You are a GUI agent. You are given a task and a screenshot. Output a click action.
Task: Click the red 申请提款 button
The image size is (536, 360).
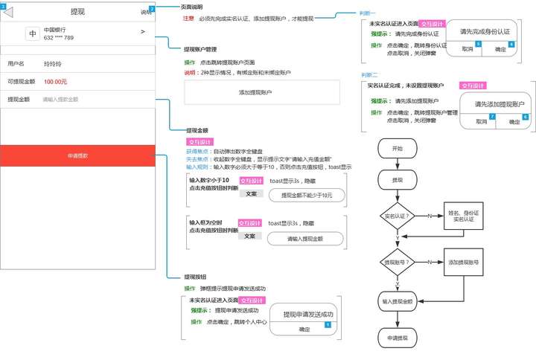pyautogui.click(x=78, y=155)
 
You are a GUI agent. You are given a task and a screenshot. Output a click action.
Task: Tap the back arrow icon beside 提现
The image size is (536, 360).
pyautogui.click(x=9, y=12)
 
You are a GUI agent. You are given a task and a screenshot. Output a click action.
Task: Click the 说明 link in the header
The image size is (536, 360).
pyautogui.click(x=145, y=13)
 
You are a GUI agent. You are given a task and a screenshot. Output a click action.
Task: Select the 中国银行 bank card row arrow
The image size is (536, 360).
pyautogui.click(x=142, y=32)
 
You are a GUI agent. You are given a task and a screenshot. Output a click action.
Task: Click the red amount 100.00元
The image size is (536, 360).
pyautogui.click(x=55, y=82)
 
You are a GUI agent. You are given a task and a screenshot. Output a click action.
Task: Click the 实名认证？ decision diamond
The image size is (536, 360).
pyautogui.click(x=397, y=216)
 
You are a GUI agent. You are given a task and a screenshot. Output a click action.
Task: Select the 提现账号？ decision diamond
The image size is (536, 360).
pyautogui.click(x=397, y=263)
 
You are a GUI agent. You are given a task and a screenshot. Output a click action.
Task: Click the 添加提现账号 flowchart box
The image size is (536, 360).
pyautogui.click(x=463, y=263)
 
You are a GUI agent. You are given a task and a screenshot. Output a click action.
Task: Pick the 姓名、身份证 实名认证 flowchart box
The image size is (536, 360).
pyautogui.click(x=463, y=216)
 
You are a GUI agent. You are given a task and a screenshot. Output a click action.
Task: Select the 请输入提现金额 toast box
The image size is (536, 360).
pyautogui.click(x=306, y=239)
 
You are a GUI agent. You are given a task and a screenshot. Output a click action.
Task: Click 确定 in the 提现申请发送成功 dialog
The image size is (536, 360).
pyautogui.click(x=304, y=329)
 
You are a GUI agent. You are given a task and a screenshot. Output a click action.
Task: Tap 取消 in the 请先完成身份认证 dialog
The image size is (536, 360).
pyautogui.click(x=468, y=49)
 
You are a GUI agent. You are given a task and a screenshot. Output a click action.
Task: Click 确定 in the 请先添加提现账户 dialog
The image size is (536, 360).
pyautogui.click(x=514, y=121)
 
